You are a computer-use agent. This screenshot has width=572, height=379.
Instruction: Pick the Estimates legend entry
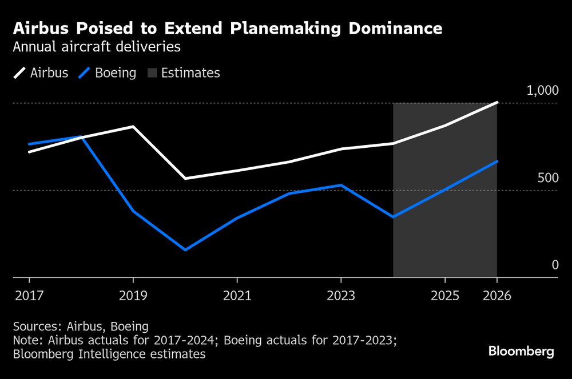click(x=182, y=73)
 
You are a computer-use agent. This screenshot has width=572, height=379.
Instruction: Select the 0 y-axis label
click(x=554, y=265)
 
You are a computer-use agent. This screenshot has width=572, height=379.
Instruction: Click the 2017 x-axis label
click(x=29, y=296)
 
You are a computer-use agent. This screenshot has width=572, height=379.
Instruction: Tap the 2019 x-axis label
click(x=133, y=296)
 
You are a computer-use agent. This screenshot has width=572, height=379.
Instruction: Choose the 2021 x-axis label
click(x=237, y=296)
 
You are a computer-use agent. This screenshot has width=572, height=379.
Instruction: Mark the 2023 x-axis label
click(x=341, y=296)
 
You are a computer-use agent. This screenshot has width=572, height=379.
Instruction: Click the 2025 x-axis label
click(x=445, y=296)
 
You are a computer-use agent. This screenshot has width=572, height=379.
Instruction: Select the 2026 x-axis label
click(x=496, y=296)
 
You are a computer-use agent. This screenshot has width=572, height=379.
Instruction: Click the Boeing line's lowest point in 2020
click(x=185, y=249)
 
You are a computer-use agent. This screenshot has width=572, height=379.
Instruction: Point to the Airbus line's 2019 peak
click(x=133, y=127)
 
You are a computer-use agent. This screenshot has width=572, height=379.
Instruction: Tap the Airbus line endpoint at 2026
click(x=496, y=103)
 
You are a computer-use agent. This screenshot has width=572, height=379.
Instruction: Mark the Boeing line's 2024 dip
click(x=393, y=217)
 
